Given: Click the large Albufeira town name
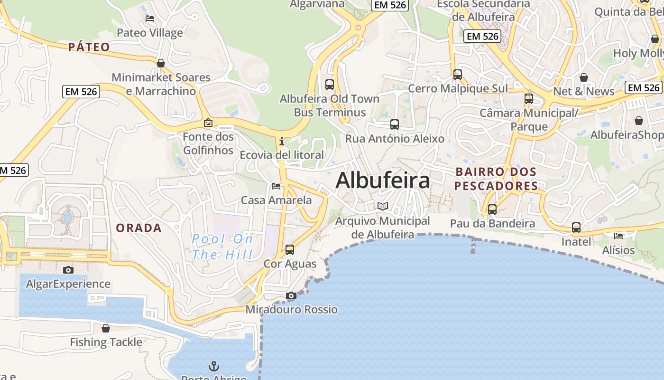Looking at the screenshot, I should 383,181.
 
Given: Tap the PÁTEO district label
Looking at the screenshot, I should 89,47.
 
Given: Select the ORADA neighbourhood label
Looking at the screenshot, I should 139,228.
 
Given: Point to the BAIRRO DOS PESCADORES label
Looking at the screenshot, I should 496,179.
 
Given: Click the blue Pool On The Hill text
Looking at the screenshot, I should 222,247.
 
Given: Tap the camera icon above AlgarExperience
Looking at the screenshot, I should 68,270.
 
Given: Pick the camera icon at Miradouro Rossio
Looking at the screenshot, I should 291,296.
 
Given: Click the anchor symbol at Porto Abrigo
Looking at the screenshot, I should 214,366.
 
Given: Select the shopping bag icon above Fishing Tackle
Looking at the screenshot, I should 106,328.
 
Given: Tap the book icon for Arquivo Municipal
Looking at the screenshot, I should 382,207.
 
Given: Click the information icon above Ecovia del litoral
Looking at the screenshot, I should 282,141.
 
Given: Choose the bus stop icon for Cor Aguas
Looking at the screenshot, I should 289,249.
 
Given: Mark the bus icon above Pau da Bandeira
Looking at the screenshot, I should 492,209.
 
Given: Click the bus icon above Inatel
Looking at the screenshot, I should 576,228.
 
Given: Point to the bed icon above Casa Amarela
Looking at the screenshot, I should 276,186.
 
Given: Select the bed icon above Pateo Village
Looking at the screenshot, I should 150,19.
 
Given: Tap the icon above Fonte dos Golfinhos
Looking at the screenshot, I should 208,123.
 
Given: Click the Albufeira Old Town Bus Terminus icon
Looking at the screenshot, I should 330,85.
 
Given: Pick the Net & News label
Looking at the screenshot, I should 583,91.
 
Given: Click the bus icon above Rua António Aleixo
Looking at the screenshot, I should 395,124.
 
